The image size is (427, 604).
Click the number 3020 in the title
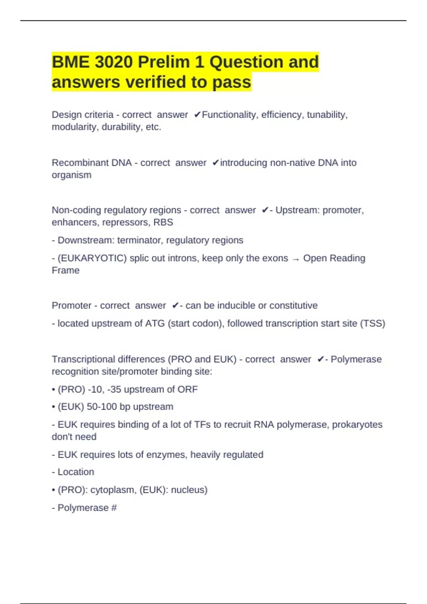[x=114, y=62]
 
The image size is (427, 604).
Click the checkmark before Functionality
[x=197, y=115]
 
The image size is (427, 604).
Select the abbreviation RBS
[x=163, y=222]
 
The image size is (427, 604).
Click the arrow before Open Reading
[x=295, y=259]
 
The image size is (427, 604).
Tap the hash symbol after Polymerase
[x=114, y=508]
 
